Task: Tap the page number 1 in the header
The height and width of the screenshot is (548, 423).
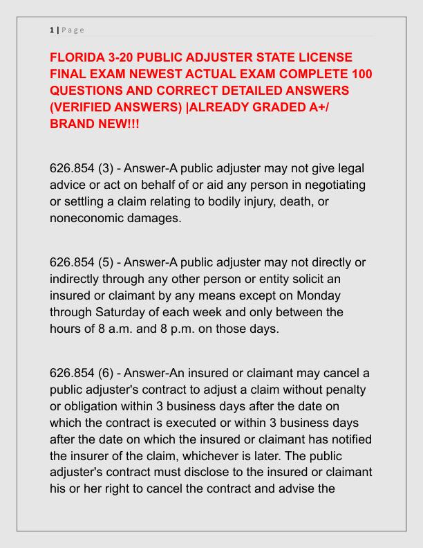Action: pos(52,30)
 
